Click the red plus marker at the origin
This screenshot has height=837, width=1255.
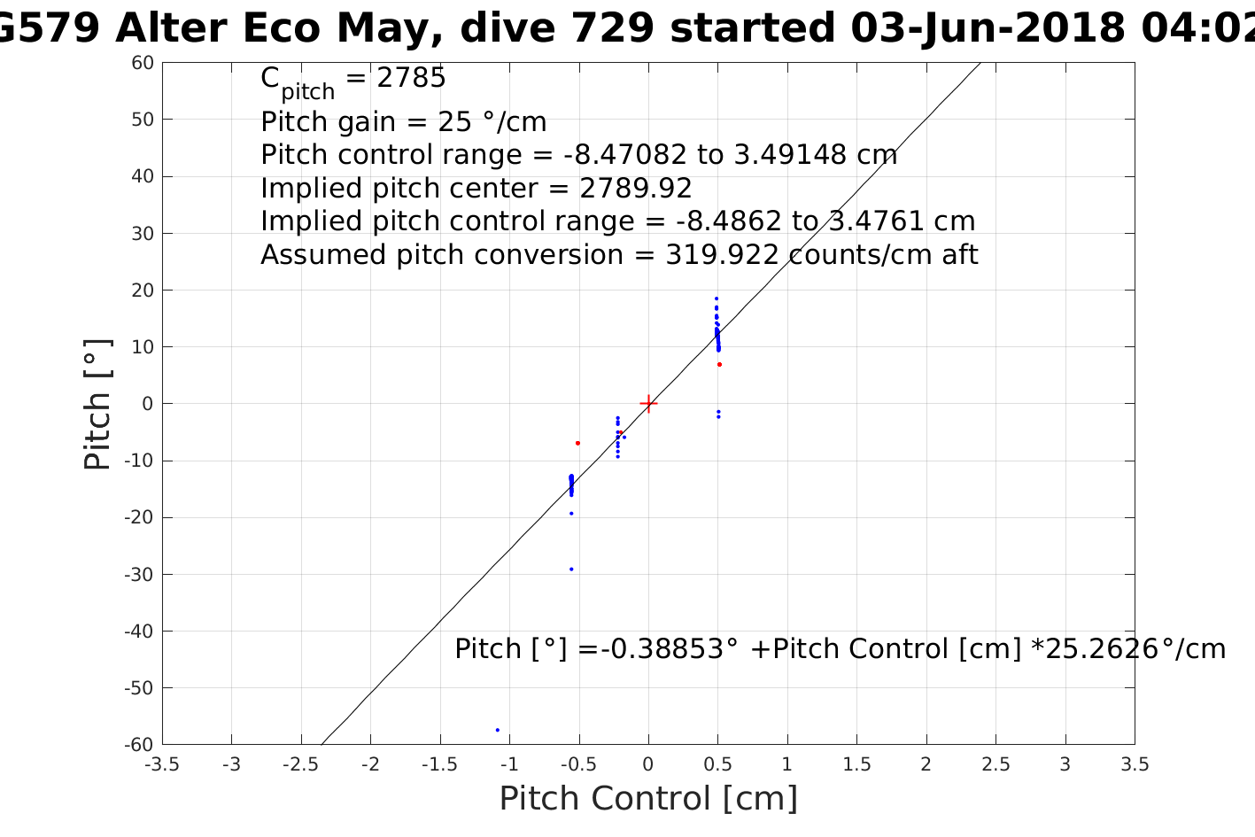pyautogui.click(x=648, y=404)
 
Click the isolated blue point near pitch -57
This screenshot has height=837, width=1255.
pyautogui.click(x=498, y=730)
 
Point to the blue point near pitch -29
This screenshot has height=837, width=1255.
pyautogui.click(x=571, y=569)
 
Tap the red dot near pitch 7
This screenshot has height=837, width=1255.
pyautogui.click(x=719, y=364)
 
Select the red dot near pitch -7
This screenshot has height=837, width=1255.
pyautogui.click(x=577, y=443)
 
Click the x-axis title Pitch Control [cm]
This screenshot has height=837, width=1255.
pyautogui.click(x=648, y=798)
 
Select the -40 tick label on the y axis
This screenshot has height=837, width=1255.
pyautogui.click(x=139, y=632)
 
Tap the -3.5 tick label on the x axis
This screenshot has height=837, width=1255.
pyautogui.click(x=162, y=764)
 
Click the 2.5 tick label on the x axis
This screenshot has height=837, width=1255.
pyautogui.click(x=995, y=764)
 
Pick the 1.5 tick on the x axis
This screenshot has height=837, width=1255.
pyautogui.click(x=856, y=764)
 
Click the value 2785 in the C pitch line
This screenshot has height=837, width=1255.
pyautogui.click(x=411, y=79)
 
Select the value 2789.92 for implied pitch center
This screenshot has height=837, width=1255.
pyautogui.click(x=635, y=189)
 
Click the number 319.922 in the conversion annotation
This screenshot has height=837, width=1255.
pyautogui.click(x=722, y=255)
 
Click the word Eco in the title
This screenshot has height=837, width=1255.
pyautogui.click(x=283, y=28)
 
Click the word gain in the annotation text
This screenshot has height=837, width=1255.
pyautogui.click(x=368, y=122)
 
